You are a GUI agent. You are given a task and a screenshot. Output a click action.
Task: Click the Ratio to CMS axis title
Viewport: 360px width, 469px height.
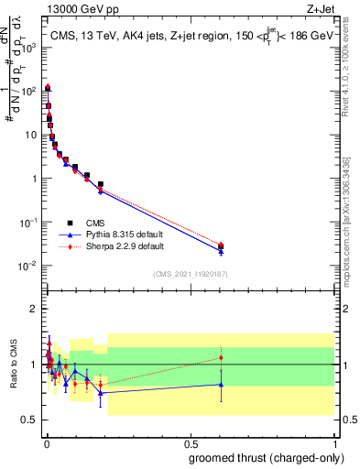coord(12,365)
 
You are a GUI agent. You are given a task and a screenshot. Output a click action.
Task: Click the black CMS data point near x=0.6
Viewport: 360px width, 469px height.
coord(221,245)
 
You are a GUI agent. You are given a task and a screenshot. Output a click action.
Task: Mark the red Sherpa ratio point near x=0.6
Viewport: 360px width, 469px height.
coord(221,357)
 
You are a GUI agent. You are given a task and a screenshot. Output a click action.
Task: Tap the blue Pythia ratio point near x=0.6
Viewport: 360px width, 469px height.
coord(221,385)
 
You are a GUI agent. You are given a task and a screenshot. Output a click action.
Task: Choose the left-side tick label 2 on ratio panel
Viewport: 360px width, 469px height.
coord(34,309)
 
